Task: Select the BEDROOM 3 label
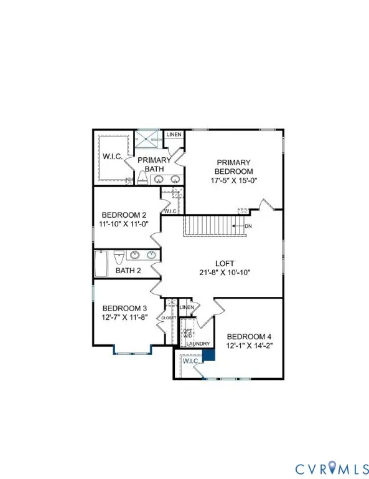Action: pyautogui.click(x=124, y=308)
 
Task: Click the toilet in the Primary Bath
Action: pyautogui.click(x=142, y=180)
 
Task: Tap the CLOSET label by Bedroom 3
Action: pyautogui.click(x=169, y=318)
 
